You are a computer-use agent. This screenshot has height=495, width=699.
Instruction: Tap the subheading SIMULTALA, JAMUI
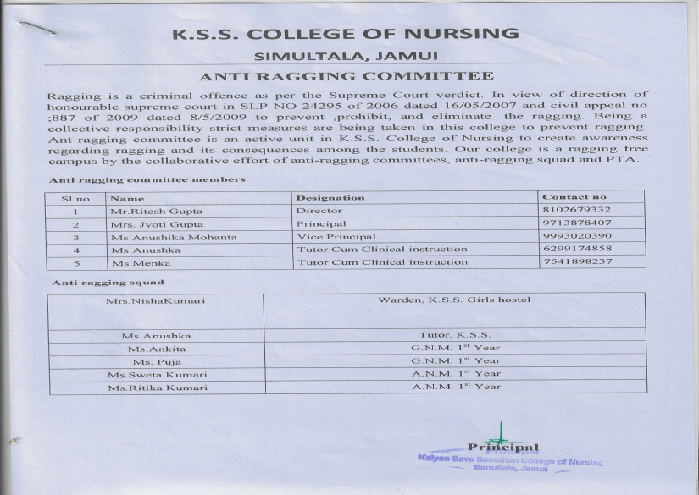pos(347,57)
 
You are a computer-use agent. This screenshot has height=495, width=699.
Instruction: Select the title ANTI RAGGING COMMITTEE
pos(347,77)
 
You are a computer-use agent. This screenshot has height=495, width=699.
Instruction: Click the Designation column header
pos(330,197)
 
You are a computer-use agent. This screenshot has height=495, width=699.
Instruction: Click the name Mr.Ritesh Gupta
pos(145,211)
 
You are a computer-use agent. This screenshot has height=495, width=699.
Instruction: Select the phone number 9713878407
pos(577,223)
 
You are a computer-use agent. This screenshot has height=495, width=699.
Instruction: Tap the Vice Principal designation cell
pos(336,237)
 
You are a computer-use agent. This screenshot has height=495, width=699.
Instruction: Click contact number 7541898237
pos(577,262)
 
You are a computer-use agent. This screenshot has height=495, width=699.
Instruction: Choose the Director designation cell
pos(319,211)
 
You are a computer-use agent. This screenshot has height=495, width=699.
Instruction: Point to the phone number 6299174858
pos(577,250)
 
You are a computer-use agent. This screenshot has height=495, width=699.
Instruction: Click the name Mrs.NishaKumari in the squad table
pos(157,300)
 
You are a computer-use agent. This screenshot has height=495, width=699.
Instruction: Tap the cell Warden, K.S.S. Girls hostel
pos(455,300)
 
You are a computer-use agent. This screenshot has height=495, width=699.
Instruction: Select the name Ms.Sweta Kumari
pos(157,374)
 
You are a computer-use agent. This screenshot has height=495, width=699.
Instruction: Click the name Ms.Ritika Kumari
pos(157,387)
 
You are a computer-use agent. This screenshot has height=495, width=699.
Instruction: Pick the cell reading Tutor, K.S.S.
pos(455,336)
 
